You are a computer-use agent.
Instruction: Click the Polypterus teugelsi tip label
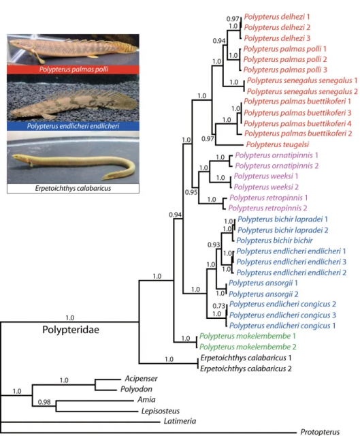[277, 144]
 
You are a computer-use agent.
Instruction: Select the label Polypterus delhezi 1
[277, 17]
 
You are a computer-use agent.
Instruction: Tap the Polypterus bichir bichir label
[274, 240]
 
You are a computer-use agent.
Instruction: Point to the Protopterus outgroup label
[320, 432]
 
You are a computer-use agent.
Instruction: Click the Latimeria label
[180, 421]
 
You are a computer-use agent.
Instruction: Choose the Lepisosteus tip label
[161, 411]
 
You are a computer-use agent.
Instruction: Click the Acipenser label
[141, 379]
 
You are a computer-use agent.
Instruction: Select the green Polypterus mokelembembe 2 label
[248, 347]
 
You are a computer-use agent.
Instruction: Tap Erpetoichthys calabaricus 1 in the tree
[246, 358]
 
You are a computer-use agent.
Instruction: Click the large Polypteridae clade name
[71, 330]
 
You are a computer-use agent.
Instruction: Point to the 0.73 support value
[218, 306]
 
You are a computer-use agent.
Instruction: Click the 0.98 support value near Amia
[44, 402]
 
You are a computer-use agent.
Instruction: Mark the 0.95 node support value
[191, 192]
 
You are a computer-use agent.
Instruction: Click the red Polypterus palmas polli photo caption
[73, 69]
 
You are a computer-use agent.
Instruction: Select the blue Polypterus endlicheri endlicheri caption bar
[73, 126]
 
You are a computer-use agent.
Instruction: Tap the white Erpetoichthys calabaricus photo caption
[73, 188]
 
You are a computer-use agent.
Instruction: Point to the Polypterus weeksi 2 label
[266, 187]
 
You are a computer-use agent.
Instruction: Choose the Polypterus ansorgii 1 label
[263, 283]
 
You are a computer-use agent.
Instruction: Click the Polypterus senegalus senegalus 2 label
[302, 91]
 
